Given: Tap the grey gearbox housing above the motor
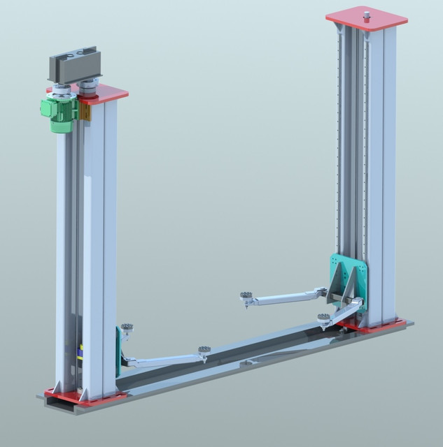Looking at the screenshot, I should click(x=73, y=66).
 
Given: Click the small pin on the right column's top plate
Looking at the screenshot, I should click(x=365, y=12).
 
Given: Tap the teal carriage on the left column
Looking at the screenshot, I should click(x=118, y=349).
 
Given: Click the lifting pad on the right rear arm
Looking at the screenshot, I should click(x=246, y=297).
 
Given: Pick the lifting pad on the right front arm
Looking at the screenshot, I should click(x=323, y=318).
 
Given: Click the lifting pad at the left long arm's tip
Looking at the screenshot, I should click(x=204, y=349).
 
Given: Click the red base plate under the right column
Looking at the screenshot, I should click(x=378, y=325).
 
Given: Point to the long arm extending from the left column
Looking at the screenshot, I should click(x=164, y=360).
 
